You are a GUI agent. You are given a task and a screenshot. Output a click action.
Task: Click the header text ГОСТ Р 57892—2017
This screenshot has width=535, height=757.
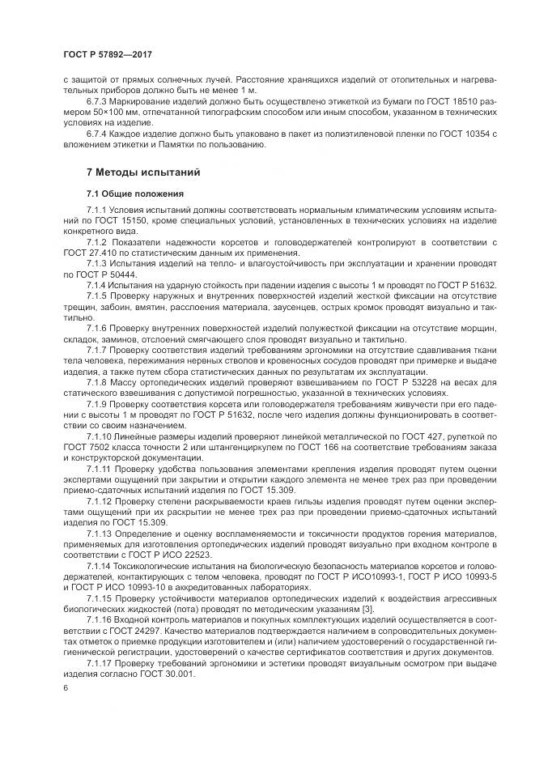point(108,54)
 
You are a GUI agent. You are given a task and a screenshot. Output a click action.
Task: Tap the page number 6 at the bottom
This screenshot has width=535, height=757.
point(65,687)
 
